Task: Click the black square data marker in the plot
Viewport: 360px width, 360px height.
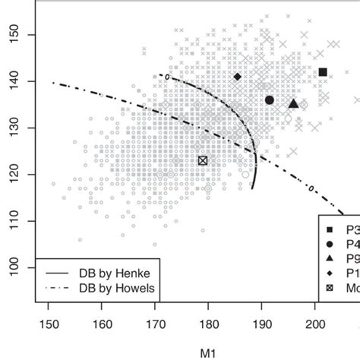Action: pos(323,72)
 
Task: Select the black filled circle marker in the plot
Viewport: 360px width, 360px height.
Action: pos(270,100)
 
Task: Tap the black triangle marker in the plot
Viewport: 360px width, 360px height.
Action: pos(294,103)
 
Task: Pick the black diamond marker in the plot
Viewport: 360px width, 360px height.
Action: pos(238,77)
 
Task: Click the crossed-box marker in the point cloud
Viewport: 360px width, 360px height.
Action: pos(203,160)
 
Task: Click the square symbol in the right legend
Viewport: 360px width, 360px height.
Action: pos(330,230)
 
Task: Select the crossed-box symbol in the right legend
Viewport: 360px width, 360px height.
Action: pos(330,288)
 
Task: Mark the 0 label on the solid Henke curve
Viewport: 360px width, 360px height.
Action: pos(163,76)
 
